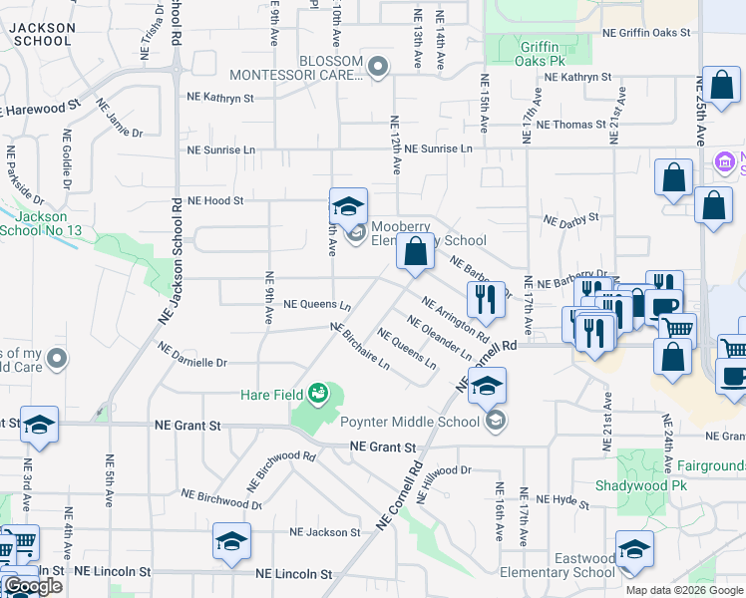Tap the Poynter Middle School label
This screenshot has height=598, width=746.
pos(410,422)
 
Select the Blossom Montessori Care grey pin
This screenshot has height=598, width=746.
pos(378,68)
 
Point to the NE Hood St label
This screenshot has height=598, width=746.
pos(215,200)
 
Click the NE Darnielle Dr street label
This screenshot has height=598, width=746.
pos(193,354)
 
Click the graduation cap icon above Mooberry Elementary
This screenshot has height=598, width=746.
pos(348,206)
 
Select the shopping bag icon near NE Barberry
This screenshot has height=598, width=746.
pos(416,252)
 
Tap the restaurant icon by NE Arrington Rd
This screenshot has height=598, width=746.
pos(484,298)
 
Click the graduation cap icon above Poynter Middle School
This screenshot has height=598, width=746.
pos(487,386)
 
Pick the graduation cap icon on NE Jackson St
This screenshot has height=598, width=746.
pos(231,541)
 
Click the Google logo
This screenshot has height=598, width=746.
pos(33,586)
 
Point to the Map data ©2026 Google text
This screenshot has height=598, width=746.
pos(683,590)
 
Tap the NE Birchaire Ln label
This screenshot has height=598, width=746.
pos(360,347)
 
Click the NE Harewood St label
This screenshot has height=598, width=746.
pos(42,106)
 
